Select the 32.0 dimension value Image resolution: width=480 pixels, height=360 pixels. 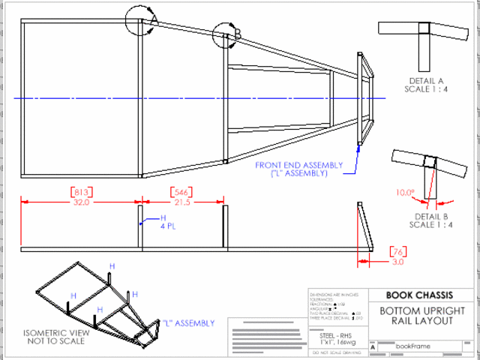(80, 202)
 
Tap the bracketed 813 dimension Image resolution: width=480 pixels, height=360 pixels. (80, 192)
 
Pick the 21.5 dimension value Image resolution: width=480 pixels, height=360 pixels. (182, 202)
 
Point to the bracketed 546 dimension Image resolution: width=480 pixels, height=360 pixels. (182, 192)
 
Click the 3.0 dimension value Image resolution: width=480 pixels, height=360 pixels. (396, 262)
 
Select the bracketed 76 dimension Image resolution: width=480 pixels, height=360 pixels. (396, 251)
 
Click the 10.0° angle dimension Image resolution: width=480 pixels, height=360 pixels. (405, 192)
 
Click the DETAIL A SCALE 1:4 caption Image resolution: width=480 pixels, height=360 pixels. (426, 85)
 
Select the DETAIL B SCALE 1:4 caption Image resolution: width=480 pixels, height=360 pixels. (430, 220)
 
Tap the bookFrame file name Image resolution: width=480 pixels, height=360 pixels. (414, 346)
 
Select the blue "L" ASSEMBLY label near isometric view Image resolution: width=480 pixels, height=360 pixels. (187, 323)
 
